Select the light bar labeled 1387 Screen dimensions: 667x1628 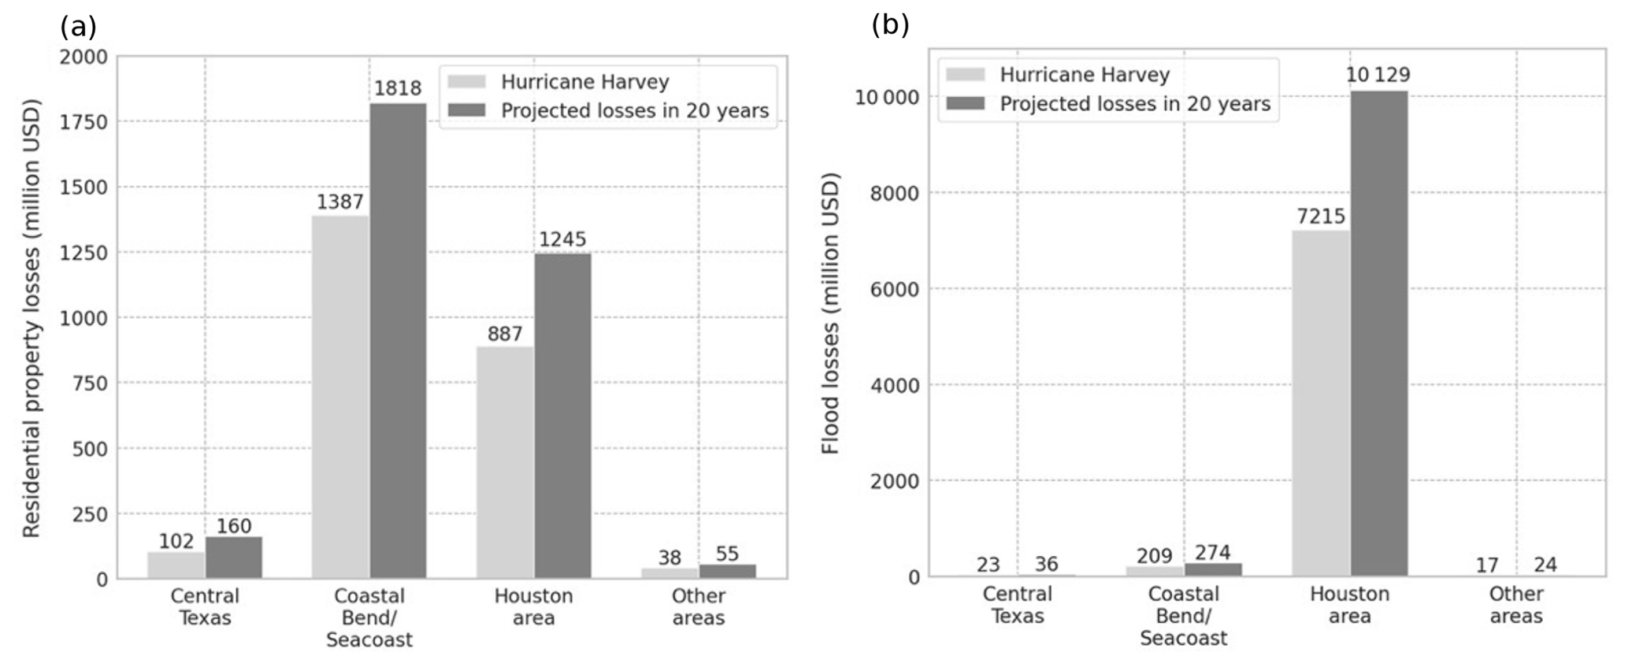[x=340, y=397]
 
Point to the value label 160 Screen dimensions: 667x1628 [x=234, y=526]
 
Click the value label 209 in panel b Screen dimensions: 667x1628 [x=1155, y=556]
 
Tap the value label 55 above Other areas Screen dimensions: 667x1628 [x=727, y=554]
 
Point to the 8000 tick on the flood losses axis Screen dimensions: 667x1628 [x=894, y=194]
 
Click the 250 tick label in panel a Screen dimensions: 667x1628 [x=91, y=514]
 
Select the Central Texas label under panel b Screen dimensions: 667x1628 [x=1017, y=605]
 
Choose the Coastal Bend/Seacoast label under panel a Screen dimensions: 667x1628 [x=369, y=617]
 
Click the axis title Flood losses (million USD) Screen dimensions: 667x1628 [x=830, y=313]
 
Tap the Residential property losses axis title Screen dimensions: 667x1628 [x=31, y=318]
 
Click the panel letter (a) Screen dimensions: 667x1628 [x=78, y=27]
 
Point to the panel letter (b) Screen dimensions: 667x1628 [x=890, y=25]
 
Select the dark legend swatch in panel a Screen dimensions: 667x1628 [x=466, y=110]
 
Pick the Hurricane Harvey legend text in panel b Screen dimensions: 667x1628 [x=1085, y=75]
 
